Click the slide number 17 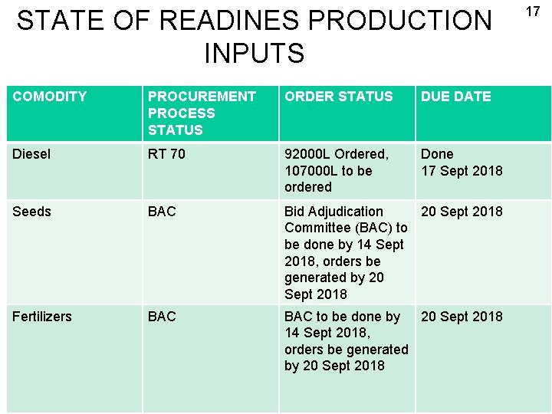(533, 11)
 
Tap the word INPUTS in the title (254, 54)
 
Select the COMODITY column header (50, 97)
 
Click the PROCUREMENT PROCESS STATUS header (202, 113)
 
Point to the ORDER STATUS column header (338, 97)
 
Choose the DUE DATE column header (455, 97)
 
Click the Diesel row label (31, 154)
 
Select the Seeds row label (31, 212)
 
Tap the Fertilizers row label (42, 317)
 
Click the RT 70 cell (166, 154)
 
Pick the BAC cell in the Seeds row (162, 212)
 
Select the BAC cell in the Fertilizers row (162, 317)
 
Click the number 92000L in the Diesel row (309, 154)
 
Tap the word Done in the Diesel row (437, 154)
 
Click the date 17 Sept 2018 (462, 171)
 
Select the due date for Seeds (462, 212)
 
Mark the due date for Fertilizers (462, 317)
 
